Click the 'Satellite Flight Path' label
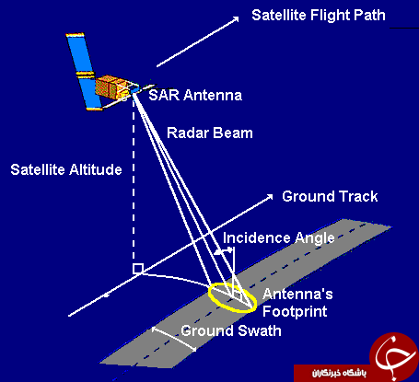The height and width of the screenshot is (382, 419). point(319,15)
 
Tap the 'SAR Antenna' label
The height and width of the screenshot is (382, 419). point(195,95)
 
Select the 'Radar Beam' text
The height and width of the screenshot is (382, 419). point(210,133)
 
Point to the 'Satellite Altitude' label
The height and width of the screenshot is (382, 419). point(66,169)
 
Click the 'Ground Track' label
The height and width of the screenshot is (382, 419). point(330,196)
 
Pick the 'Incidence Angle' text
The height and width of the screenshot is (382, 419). point(279,238)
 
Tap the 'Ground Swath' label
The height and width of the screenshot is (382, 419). point(231,330)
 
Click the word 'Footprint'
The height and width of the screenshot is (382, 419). point(295,312)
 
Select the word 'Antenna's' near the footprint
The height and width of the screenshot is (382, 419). point(297,294)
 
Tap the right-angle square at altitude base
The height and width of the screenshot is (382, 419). point(138,269)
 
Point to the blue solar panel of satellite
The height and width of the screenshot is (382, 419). point(85,71)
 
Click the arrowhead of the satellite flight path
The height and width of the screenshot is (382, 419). point(236,19)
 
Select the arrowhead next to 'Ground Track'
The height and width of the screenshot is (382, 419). point(270,197)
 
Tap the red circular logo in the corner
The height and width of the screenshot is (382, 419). point(394,355)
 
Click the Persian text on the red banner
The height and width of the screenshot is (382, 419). point(339,373)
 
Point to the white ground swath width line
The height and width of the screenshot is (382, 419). point(174,339)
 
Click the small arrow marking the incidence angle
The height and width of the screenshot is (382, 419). point(223,251)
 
